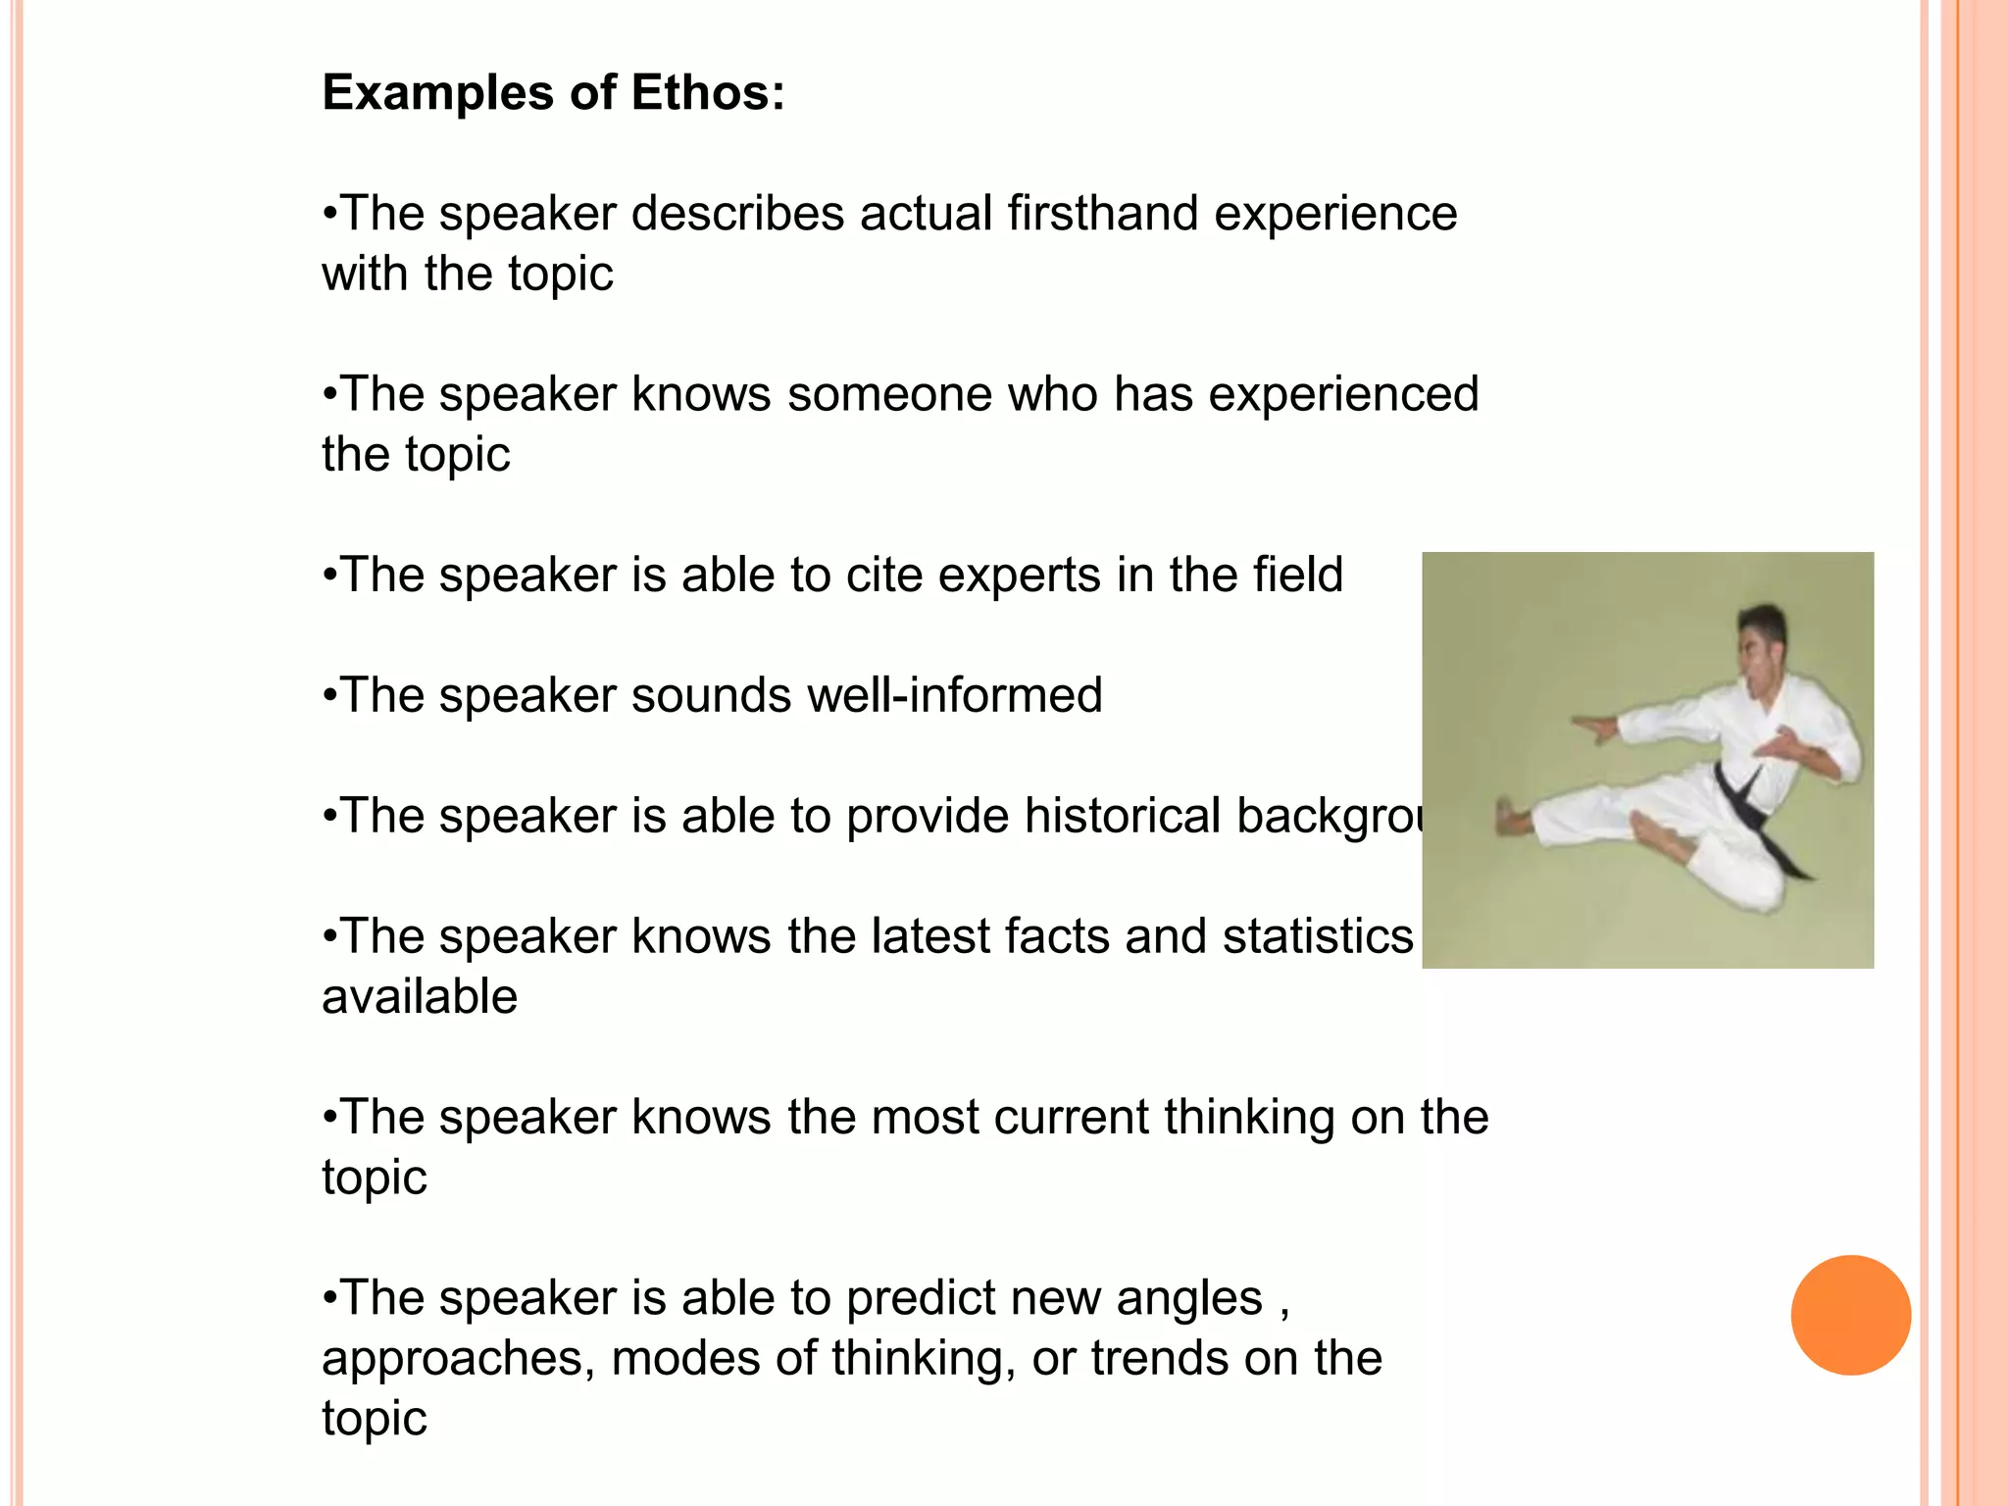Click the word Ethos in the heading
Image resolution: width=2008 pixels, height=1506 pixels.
click(707, 93)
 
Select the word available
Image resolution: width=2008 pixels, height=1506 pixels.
click(420, 997)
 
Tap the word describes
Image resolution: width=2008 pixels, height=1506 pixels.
click(737, 214)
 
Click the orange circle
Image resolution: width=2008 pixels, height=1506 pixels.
click(1850, 1315)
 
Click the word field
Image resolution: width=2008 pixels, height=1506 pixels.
click(1296, 576)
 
